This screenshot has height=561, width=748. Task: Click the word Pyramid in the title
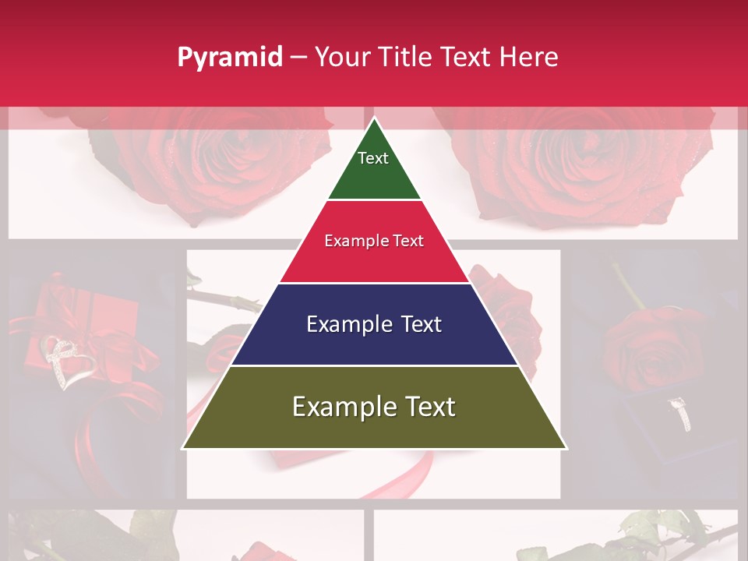tap(229, 58)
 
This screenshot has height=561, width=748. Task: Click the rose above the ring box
tap(643, 343)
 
